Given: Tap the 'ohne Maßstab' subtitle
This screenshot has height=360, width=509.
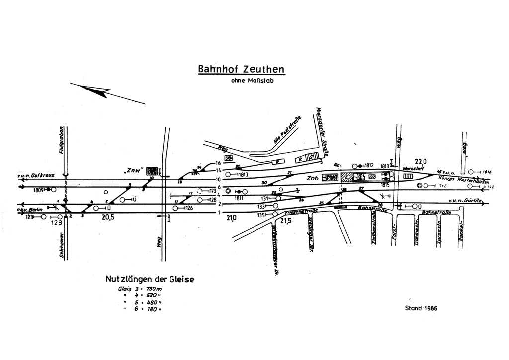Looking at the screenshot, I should click(252, 81).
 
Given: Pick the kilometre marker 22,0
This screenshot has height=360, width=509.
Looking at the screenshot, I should click(421, 161).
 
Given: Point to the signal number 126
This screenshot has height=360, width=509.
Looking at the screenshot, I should click(189, 208).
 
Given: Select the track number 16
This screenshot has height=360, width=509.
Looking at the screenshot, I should click(218, 163).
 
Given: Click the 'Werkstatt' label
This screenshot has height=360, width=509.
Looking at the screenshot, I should click(413, 169).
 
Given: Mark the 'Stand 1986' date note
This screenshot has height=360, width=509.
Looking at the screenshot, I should click(422, 308).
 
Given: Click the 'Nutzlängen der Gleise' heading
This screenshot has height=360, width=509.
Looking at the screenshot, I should click(150, 280).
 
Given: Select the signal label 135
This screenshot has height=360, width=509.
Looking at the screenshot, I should click(261, 215).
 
